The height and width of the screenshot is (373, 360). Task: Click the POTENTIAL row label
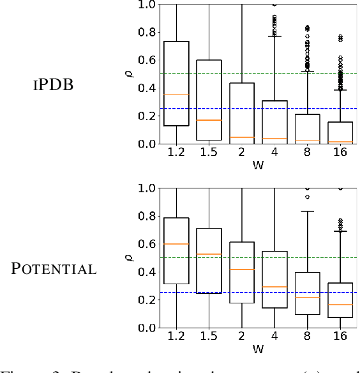(x=54, y=269)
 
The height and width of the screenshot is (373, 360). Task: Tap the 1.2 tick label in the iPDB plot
(x=176, y=154)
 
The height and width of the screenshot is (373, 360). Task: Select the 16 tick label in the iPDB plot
(x=339, y=154)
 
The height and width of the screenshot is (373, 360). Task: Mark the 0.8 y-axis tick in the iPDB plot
(x=147, y=32)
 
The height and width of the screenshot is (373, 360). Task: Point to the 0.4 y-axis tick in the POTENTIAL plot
(x=147, y=272)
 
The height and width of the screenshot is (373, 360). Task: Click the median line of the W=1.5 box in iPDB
(x=209, y=120)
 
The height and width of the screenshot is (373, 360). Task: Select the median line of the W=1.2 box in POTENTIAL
(x=176, y=244)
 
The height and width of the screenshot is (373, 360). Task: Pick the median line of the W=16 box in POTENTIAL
(x=339, y=305)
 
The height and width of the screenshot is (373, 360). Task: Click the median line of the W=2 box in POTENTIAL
(x=241, y=270)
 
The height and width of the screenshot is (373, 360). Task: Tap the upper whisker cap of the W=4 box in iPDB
(x=274, y=36)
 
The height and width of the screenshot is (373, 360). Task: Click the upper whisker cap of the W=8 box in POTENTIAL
(x=306, y=211)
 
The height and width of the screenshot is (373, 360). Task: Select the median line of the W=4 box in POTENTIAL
(x=274, y=287)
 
